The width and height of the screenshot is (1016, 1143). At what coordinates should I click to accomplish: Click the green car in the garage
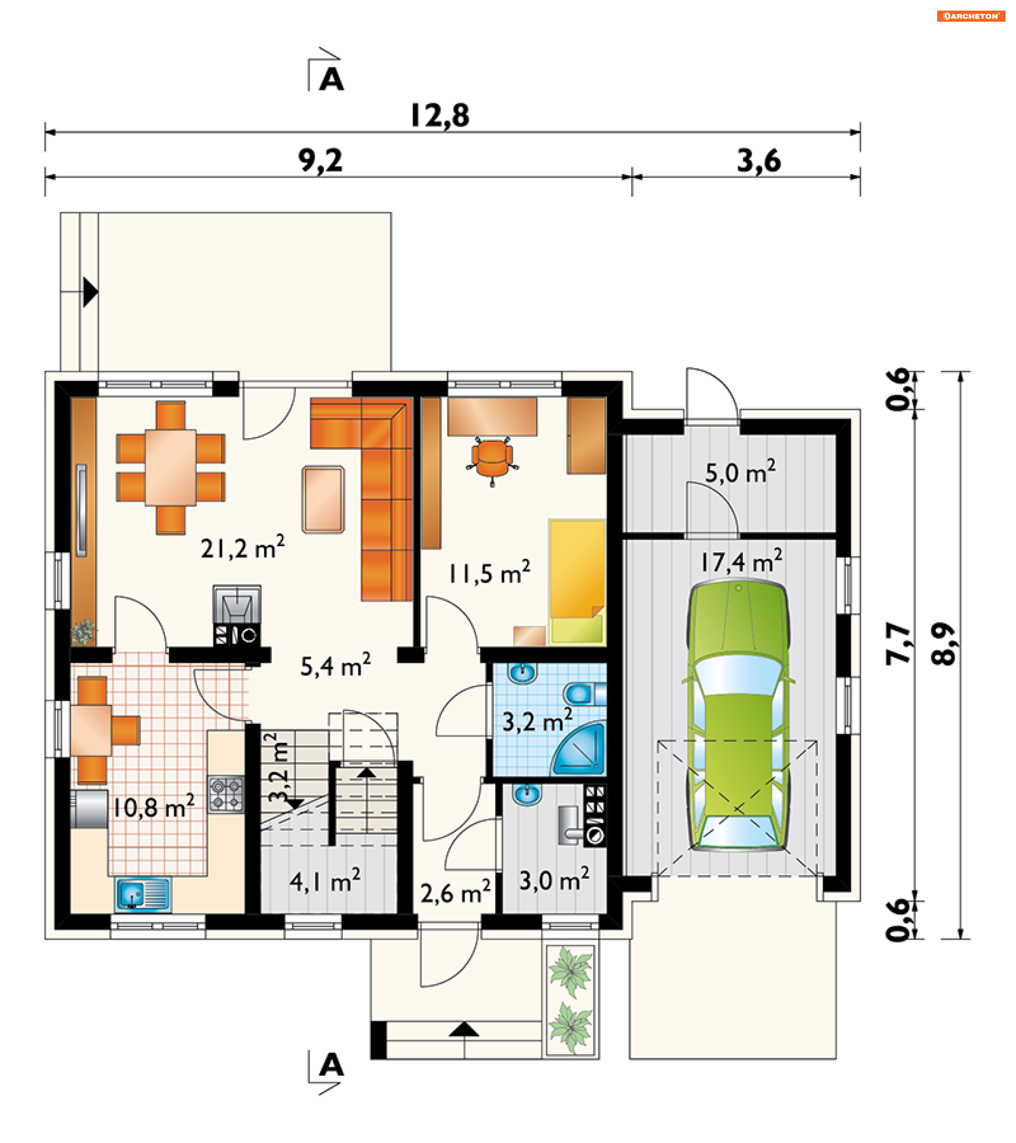tap(738, 716)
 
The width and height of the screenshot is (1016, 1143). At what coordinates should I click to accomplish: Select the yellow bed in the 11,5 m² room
tap(577, 582)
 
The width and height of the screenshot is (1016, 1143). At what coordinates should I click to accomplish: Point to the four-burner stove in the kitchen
tap(226, 794)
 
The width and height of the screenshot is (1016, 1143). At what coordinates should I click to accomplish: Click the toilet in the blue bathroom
tap(584, 694)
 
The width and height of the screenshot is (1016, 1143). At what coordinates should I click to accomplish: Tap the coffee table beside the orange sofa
tap(323, 500)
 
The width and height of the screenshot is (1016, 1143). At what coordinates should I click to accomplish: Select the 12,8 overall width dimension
tap(440, 116)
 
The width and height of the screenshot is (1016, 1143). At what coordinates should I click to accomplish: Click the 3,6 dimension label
tap(759, 161)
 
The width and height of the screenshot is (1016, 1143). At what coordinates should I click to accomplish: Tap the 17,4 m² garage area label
tap(741, 561)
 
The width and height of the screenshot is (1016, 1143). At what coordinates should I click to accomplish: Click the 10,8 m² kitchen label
tap(154, 807)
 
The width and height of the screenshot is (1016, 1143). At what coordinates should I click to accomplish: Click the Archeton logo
tap(970, 16)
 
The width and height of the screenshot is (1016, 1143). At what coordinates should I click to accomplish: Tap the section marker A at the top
tap(331, 79)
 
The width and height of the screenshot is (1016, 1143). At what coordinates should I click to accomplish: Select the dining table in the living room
tap(170, 467)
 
